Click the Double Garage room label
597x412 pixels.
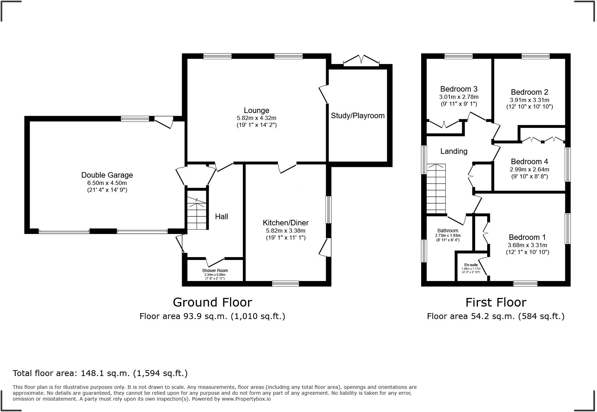pyautogui.click(x=107, y=175)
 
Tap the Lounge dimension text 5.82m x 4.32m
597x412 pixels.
pyautogui.click(x=256, y=118)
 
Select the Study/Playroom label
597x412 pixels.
pyautogui.click(x=358, y=116)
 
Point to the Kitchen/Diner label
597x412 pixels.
pyautogui.click(x=285, y=223)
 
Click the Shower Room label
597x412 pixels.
pyautogui.click(x=215, y=271)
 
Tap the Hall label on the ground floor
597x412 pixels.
pyautogui.click(x=221, y=217)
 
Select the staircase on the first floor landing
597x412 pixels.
pyautogui.click(x=436, y=189)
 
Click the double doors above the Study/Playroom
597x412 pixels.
pyautogui.click(x=361, y=60)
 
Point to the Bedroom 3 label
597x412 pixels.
pyautogui.click(x=459, y=89)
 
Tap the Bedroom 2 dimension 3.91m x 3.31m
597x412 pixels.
pyautogui.click(x=529, y=100)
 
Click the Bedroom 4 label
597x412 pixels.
pyautogui.click(x=529, y=162)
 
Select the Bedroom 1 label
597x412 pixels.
pyautogui.click(x=527, y=237)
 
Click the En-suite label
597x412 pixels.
pyautogui.click(x=471, y=265)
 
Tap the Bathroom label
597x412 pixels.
pyautogui.click(x=447, y=231)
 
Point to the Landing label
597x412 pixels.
pyautogui.click(x=454, y=151)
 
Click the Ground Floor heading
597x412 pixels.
pyautogui.click(x=212, y=302)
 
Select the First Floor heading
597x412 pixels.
pyautogui.click(x=495, y=302)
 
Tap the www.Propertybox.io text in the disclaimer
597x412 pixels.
pyautogui.click(x=246, y=399)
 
